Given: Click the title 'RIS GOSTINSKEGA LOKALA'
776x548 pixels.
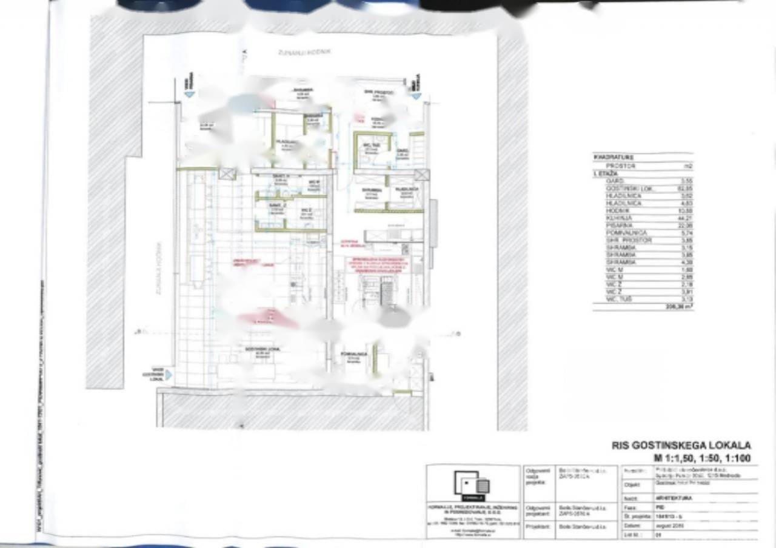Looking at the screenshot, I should [x=681, y=446].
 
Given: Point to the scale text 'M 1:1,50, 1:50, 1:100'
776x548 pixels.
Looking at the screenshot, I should [x=702, y=458].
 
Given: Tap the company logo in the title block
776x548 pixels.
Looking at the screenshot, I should [x=473, y=485].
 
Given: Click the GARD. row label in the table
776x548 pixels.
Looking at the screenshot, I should [x=612, y=181].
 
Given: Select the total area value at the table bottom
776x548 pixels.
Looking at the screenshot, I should [x=681, y=307].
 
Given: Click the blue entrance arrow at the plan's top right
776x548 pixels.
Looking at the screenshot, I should [x=415, y=95].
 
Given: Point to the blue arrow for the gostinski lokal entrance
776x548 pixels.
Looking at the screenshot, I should [x=169, y=375].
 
